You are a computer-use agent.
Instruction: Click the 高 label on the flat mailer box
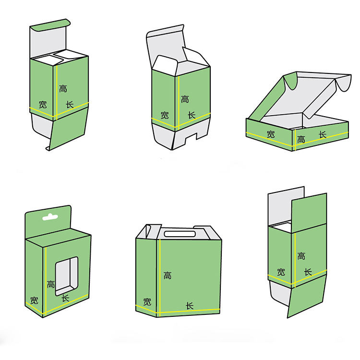pos(301,140)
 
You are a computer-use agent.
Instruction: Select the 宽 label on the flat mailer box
pos(271,134)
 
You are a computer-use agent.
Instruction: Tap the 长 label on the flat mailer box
pos(323,135)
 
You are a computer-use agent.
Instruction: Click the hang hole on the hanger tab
pos(50,217)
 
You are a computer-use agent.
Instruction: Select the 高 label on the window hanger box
pos(51,284)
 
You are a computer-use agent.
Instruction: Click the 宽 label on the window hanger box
pos(34,301)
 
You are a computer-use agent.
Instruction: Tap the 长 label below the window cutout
pos(65,298)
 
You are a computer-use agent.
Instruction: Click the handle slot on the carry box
pos(180,234)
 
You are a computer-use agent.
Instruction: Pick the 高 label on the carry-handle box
pos(167,275)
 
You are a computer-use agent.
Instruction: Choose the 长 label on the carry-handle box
pos(190,306)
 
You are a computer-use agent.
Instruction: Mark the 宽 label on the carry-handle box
pos(147,302)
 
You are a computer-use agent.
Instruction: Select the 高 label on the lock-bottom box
pos(185,99)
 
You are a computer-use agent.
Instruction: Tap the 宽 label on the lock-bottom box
pos(165,115)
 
